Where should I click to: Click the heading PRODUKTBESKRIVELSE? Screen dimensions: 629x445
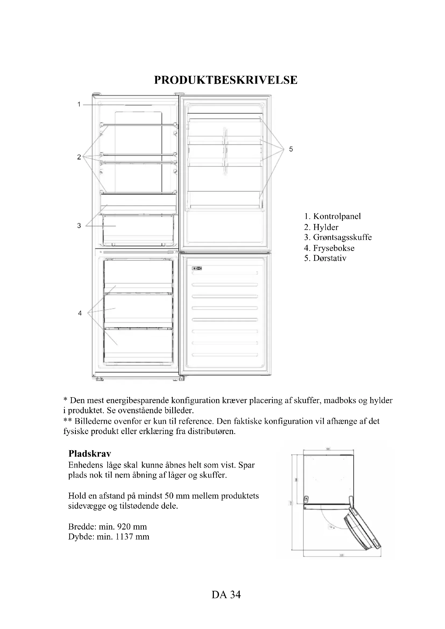225,80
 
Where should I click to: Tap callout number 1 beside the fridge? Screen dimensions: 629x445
79,104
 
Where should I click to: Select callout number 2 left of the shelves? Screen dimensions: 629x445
79,157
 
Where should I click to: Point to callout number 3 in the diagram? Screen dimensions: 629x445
79,226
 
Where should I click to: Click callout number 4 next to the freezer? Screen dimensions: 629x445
80,313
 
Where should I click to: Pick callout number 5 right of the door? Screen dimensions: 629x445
291,149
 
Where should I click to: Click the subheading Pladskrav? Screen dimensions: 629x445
90,454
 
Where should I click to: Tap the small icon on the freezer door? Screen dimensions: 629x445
197,268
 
